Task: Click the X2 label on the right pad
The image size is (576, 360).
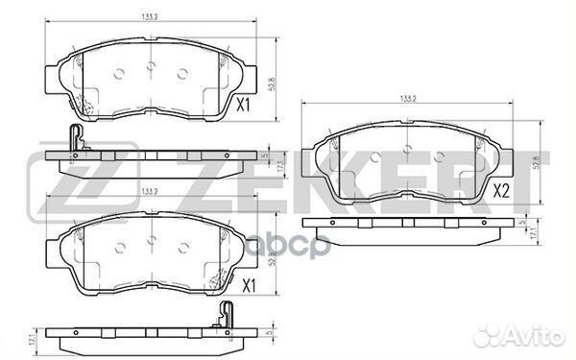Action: (501, 191)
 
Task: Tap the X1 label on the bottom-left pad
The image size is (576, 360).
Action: (248, 285)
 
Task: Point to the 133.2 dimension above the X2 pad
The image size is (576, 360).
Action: (408, 98)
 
